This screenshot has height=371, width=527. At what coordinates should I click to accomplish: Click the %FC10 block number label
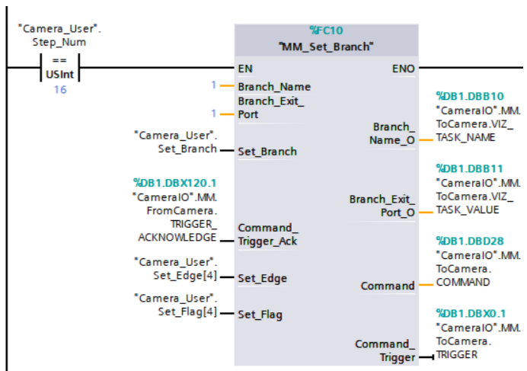click(x=326, y=30)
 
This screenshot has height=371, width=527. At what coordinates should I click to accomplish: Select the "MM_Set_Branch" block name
click(x=326, y=46)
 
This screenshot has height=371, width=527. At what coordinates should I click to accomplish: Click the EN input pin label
click(x=245, y=68)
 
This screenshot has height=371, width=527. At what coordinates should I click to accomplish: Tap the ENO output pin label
click(x=404, y=69)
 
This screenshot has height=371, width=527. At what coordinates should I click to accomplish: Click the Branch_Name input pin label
click(x=273, y=87)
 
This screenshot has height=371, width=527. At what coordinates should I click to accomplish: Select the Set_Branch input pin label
click(x=267, y=152)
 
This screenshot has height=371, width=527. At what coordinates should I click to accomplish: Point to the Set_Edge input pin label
click(x=262, y=278)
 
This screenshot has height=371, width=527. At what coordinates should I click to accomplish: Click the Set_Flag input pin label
click(x=261, y=313)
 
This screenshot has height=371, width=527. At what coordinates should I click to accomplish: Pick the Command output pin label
click(x=388, y=286)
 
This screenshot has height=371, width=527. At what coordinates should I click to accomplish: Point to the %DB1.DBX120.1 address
click(x=174, y=183)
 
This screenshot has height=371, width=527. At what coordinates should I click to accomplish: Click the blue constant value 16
click(x=59, y=90)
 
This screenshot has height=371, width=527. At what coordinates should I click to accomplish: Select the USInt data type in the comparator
click(x=59, y=75)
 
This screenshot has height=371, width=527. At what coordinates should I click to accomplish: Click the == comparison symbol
click(x=59, y=61)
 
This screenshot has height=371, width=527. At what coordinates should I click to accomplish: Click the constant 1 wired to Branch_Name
click(x=214, y=85)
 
